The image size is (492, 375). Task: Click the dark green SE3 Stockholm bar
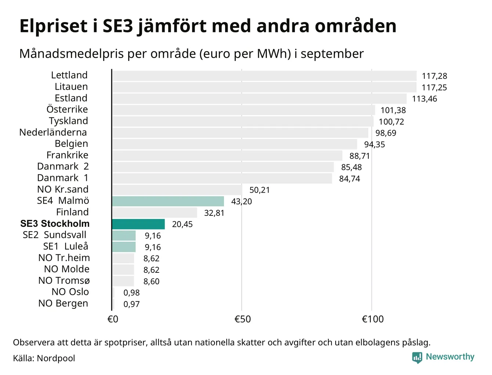(138, 224)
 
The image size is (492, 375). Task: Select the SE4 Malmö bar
(168, 201)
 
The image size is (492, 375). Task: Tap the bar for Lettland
(264, 76)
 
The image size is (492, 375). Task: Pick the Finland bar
(155, 213)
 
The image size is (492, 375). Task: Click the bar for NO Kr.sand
(177, 190)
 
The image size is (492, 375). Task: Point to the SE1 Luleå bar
(124, 247)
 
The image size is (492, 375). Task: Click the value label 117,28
(434, 76)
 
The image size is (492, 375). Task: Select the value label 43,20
(241, 201)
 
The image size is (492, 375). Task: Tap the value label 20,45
(182, 224)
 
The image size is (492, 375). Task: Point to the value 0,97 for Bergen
(131, 304)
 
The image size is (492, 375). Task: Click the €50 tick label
(242, 319)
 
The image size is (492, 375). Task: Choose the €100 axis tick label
(372, 319)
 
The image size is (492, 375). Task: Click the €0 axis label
(113, 319)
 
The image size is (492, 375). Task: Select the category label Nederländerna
(53, 132)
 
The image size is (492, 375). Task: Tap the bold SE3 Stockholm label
(55, 224)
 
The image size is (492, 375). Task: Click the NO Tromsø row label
(64, 281)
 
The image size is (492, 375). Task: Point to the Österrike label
(67, 110)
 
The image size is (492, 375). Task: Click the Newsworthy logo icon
(417, 357)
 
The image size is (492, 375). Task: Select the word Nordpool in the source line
(56, 358)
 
